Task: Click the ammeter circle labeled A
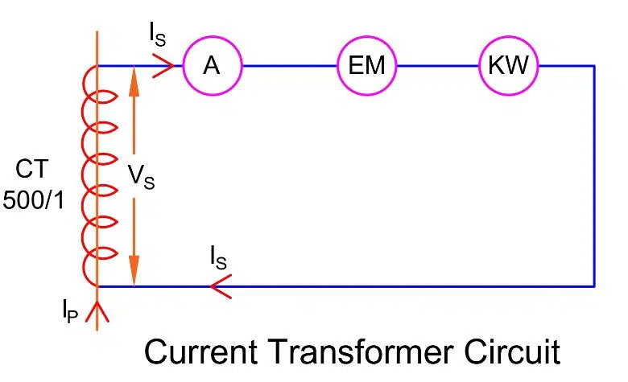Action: coord(212,66)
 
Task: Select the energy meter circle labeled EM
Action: coord(366,66)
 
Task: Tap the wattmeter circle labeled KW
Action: coord(508,66)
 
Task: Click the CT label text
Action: coord(31,170)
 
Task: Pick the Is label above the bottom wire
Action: coord(217,258)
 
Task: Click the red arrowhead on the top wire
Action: coord(163,66)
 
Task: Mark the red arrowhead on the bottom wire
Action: coord(220,285)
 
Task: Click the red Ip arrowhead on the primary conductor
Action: coord(97,310)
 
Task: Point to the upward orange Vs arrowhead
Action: coord(134,80)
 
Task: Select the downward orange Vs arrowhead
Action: coord(134,270)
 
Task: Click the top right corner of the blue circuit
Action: coord(593,66)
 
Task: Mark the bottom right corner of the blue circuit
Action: coord(593,285)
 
